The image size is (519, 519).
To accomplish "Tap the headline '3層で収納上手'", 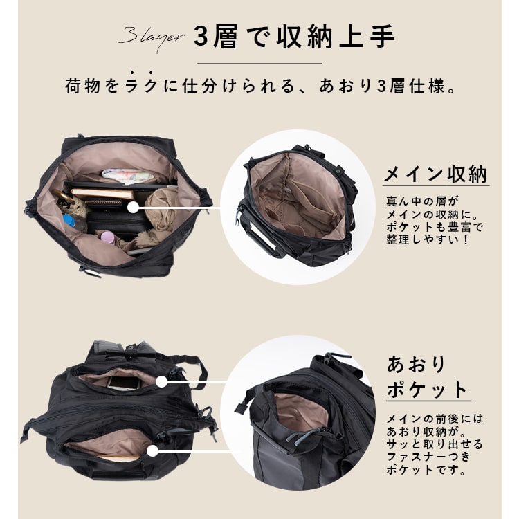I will (x=293, y=37).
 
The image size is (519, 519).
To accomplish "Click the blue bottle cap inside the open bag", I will (x=69, y=223).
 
